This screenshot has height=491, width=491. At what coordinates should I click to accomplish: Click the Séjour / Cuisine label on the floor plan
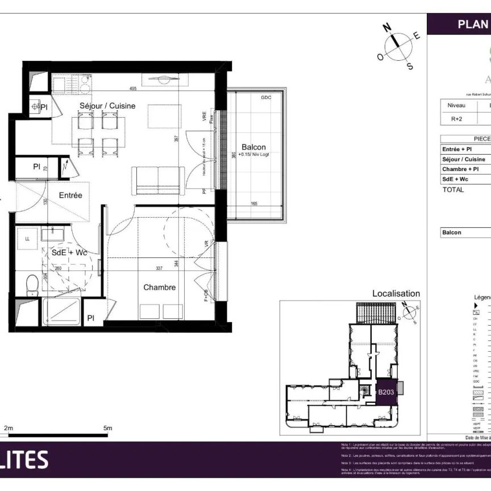click(x=107, y=106)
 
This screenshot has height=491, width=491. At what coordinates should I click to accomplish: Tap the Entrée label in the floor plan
click(x=71, y=195)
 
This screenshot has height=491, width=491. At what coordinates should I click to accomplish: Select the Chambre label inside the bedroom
click(x=159, y=288)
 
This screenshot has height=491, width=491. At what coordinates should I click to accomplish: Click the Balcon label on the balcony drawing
click(x=253, y=147)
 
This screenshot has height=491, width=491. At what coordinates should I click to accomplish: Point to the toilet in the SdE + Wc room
click(x=32, y=282)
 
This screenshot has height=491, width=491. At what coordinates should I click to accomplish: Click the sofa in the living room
click(x=157, y=180)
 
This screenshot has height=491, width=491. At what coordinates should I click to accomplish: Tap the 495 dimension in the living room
click(x=133, y=89)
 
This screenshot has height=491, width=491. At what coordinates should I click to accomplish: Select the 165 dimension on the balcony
click(x=254, y=203)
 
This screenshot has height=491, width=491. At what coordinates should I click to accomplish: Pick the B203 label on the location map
click(x=386, y=392)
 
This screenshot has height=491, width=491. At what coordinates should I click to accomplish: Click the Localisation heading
click(x=396, y=294)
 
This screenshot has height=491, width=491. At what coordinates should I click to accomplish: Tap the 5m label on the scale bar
click(x=107, y=428)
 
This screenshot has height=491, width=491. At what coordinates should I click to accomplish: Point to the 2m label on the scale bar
click(x=9, y=428)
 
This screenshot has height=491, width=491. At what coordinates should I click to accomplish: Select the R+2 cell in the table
click(x=456, y=119)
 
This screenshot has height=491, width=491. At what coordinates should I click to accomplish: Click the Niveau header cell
click(x=456, y=105)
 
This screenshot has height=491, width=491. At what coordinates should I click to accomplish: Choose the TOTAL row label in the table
click(x=453, y=190)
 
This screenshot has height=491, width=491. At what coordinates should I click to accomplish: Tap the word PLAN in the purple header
click(x=472, y=24)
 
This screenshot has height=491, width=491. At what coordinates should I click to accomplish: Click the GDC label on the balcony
click(x=265, y=98)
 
